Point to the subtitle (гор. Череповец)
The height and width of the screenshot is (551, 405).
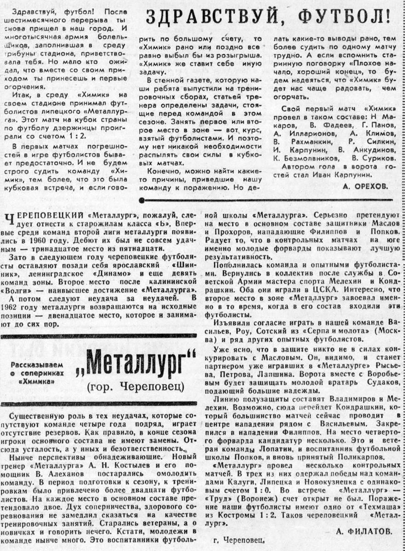[136, 388]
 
